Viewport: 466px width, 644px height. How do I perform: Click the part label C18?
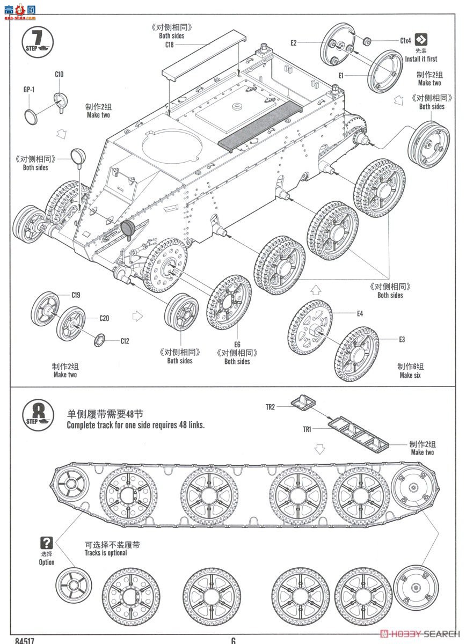click(x=169, y=45)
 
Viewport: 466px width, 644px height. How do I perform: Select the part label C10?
click(x=59, y=75)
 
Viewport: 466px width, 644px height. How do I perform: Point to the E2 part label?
click(x=294, y=43)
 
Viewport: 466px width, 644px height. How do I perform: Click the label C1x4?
click(x=405, y=40)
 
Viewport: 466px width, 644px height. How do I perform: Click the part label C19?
click(x=76, y=295)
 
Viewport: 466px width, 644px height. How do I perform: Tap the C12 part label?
click(x=125, y=341)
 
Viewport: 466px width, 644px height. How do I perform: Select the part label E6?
click(x=237, y=344)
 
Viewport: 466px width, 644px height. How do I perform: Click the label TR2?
click(x=270, y=407)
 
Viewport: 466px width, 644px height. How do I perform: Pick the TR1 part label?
click(x=307, y=429)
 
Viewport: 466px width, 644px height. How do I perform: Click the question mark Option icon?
click(x=47, y=543)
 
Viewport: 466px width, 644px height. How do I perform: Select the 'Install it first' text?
click(x=421, y=59)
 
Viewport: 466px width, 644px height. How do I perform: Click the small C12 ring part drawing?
click(x=100, y=340)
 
